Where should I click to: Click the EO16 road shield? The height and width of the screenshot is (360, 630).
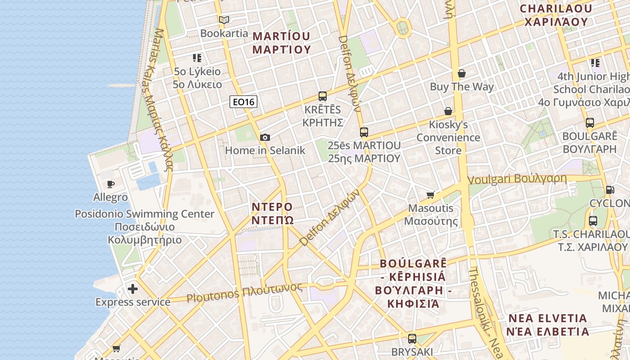pyautogui.click(x=243, y=102)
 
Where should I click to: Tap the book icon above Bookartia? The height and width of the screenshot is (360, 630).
pyautogui.click(x=224, y=20)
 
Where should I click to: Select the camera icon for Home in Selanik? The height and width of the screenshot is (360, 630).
pyautogui.click(x=265, y=137)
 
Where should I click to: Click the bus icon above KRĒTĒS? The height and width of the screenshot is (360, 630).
pyautogui.click(x=322, y=96)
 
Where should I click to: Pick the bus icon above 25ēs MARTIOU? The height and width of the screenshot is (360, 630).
pyautogui.click(x=364, y=132)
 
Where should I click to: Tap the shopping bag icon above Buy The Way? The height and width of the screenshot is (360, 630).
pyautogui.click(x=461, y=73)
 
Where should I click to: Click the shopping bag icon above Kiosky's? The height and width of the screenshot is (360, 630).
pyautogui.click(x=448, y=111)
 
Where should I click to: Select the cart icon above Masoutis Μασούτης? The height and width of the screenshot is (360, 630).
pyautogui.click(x=431, y=195)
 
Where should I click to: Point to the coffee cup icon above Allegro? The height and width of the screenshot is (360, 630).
pyautogui.click(x=110, y=184)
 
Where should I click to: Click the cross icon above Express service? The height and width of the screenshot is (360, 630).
pyautogui.click(x=132, y=288)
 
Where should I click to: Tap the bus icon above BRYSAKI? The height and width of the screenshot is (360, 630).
pyautogui.click(x=412, y=339)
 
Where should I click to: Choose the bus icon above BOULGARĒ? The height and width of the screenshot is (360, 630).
pyautogui.click(x=589, y=122)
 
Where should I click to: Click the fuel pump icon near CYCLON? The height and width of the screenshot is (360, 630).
pyautogui.click(x=610, y=190)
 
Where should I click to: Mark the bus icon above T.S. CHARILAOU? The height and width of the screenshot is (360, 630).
pyautogui.click(x=593, y=221)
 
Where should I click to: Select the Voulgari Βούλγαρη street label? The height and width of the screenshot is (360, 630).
pyautogui.click(x=517, y=179)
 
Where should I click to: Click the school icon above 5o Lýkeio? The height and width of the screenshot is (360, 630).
pyautogui.click(x=197, y=58)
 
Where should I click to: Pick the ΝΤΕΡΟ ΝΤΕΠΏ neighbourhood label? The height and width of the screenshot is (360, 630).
pyautogui.click(x=272, y=213)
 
